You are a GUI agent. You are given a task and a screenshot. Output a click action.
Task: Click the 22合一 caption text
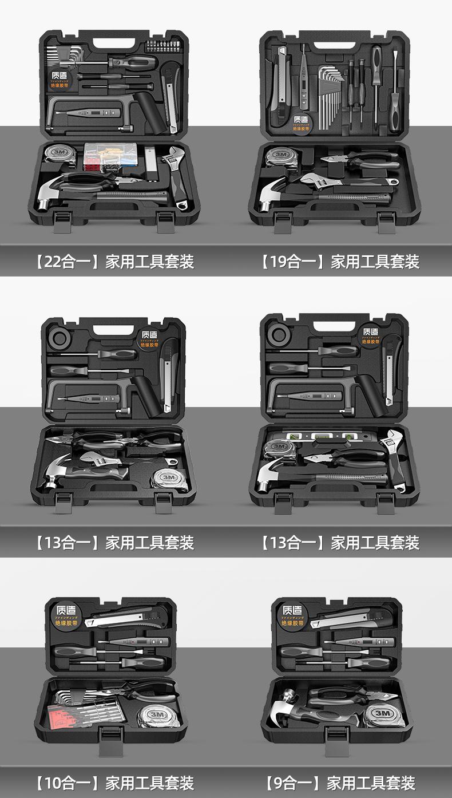114,262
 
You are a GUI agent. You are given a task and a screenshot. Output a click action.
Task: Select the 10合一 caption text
114,783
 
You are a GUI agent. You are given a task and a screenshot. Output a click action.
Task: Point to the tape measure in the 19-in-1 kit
280,156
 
